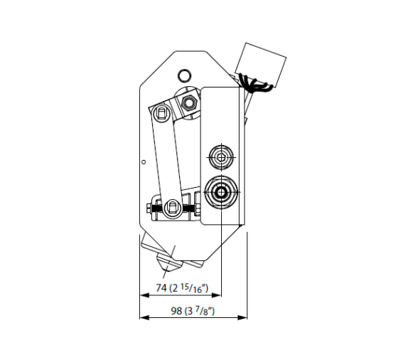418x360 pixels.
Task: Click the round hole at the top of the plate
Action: pyautogui.click(x=184, y=75)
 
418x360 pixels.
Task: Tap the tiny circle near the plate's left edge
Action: pyautogui.click(x=144, y=162)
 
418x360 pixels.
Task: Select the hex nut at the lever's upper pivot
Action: pyautogui.click(x=189, y=102)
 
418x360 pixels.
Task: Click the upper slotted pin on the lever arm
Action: pyautogui.click(x=161, y=112)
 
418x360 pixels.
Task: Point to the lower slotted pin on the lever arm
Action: pyautogui.click(x=173, y=207)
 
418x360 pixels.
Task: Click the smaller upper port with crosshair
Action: pyautogui.click(x=221, y=157)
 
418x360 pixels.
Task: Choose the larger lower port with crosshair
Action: pyautogui.click(x=221, y=192)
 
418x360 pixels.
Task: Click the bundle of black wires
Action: pyautogui.click(x=254, y=83)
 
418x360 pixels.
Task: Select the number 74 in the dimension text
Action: pyautogui.click(x=161, y=288)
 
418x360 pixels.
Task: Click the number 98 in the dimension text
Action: pyautogui.click(x=176, y=311)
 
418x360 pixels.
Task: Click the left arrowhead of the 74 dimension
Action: pyautogui.click(x=144, y=295)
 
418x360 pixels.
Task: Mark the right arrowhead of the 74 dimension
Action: pyautogui.click(x=216, y=295)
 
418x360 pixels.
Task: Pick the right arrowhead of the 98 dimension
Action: pyautogui.click(x=242, y=317)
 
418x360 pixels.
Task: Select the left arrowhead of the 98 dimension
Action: pyautogui.click(x=144, y=317)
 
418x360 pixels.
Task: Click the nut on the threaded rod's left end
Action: pyautogui.click(x=149, y=208)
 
